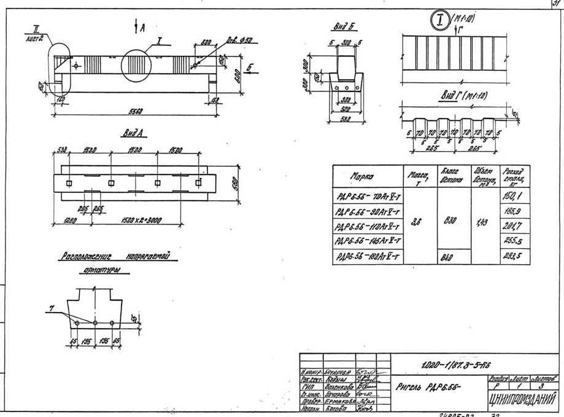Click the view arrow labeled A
point(139,28)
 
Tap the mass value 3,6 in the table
point(415,226)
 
